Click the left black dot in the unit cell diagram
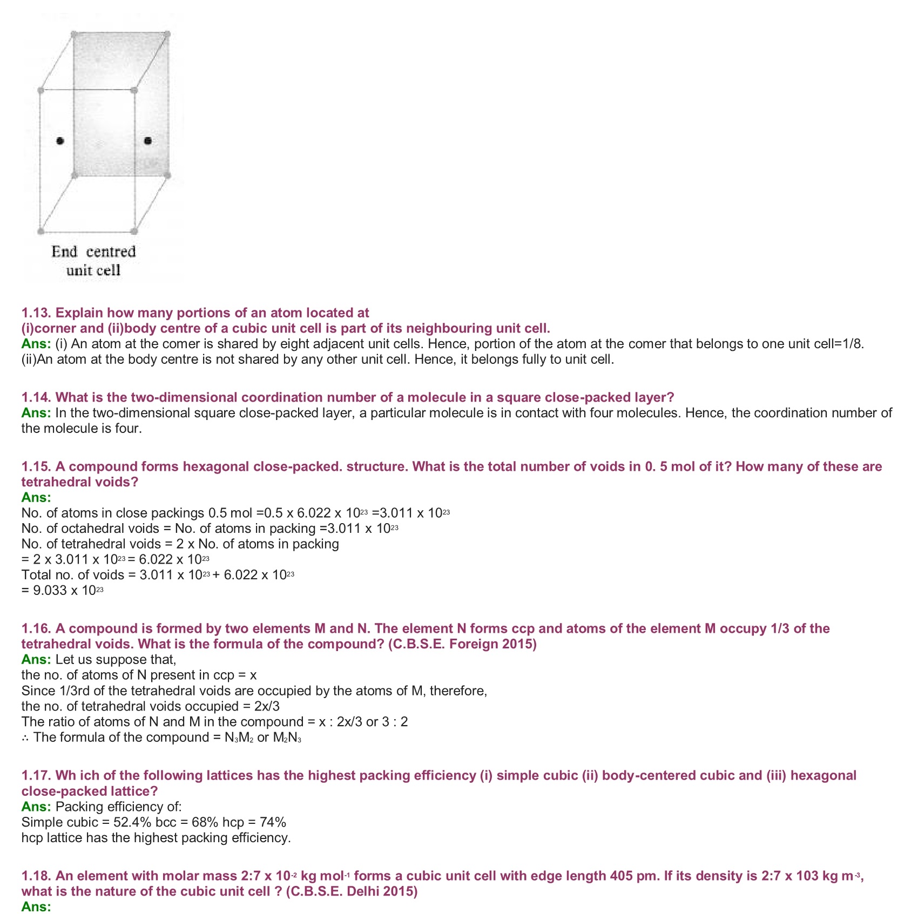pyautogui.click(x=60, y=141)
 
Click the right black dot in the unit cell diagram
pyautogui.click(x=148, y=141)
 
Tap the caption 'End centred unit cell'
pyautogui.click(x=93, y=261)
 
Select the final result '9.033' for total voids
pyautogui.click(x=50, y=591)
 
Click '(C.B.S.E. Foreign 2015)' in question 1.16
pyautogui.click(x=462, y=644)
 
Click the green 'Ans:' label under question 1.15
pyautogui.click(x=36, y=497)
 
